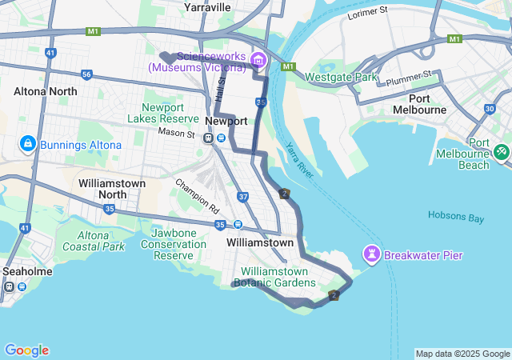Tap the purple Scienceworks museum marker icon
tap(258, 60)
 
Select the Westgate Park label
tap(341, 78)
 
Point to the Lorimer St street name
tap(368, 13)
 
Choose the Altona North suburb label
tap(46, 91)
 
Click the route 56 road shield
tap(86, 74)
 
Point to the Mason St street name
tap(176, 132)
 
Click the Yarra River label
tap(299, 160)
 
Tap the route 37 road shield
tap(243, 196)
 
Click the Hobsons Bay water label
tap(456, 215)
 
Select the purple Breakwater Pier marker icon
tap(371, 255)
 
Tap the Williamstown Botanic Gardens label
tap(274, 277)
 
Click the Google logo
tap(26, 350)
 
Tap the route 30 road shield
tap(489, 109)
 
